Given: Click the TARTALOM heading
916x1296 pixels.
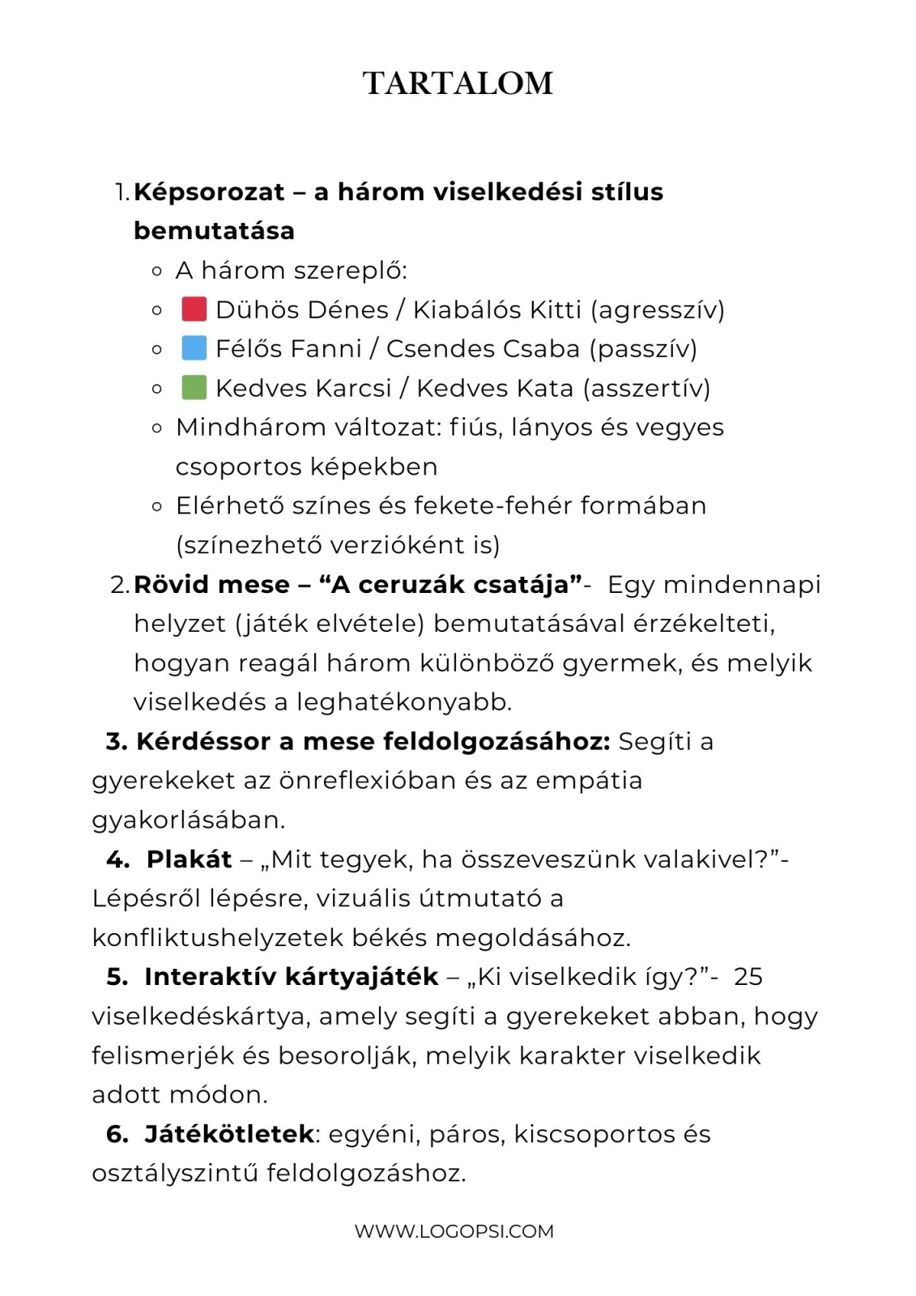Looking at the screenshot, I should (x=458, y=83).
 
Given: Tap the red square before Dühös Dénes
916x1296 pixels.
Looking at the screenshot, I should (x=194, y=309).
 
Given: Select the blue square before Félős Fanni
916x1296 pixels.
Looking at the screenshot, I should (x=194, y=348).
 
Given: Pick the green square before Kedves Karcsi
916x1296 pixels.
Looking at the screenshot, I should (x=194, y=387).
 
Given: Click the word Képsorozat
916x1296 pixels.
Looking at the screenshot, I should (x=209, y=192).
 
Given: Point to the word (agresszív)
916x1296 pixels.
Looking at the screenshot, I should (x=658, y=309).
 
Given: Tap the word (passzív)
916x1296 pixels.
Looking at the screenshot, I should (x=643, y=349).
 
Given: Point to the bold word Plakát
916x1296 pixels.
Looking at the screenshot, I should (x=189, y=859).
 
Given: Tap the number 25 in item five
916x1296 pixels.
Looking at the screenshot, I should (x=748, y=977).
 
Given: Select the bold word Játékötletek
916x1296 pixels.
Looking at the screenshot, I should (x=229, y=1134).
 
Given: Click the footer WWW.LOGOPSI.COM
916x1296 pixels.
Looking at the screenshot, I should (x=454, y=1231).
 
